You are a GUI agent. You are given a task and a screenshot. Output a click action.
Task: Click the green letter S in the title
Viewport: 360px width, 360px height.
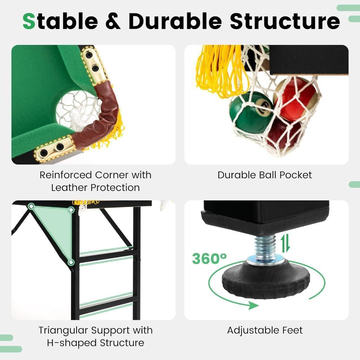29,21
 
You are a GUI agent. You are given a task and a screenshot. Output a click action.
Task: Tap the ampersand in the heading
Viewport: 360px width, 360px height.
113,21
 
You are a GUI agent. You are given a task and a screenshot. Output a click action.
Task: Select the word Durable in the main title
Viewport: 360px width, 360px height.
175,21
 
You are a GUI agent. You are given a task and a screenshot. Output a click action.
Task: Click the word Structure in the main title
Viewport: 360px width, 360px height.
285,21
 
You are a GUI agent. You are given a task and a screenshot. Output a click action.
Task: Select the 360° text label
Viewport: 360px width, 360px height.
209,258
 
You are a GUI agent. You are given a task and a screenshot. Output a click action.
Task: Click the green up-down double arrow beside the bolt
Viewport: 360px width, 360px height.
285,244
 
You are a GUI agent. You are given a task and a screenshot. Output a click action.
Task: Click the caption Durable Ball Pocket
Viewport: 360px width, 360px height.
265,175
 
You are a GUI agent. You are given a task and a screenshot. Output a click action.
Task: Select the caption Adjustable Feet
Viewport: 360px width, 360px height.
265,330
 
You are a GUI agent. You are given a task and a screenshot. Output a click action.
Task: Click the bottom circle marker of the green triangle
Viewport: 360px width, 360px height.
71,262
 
